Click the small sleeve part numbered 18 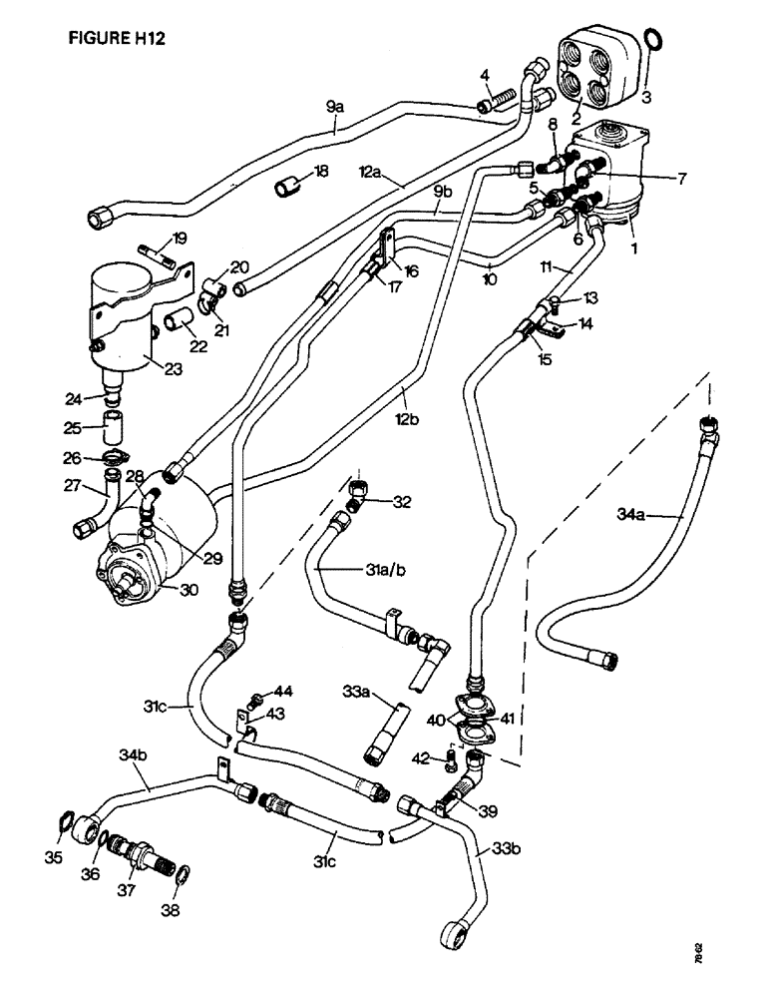coord(290,186)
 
